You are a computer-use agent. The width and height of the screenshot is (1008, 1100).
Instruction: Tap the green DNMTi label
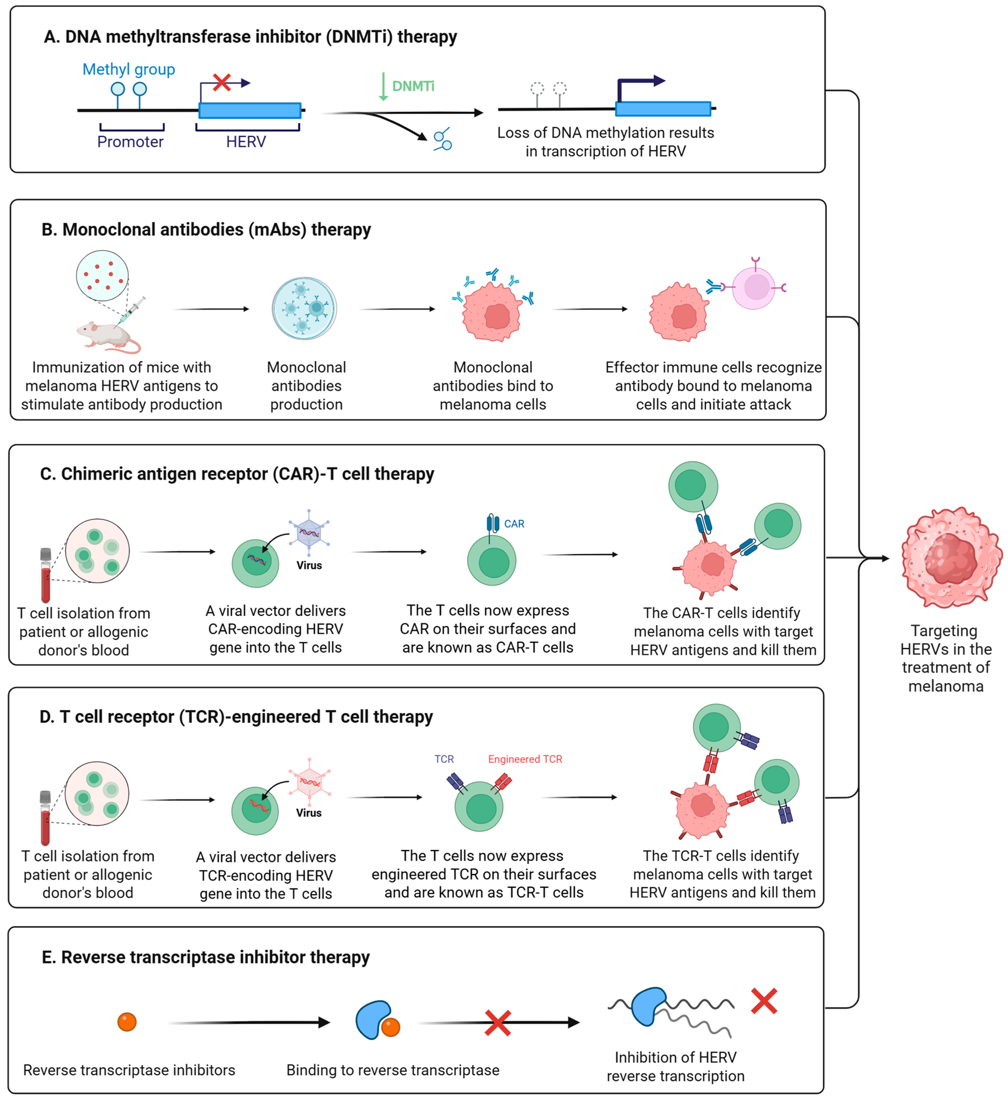tap(413, 86)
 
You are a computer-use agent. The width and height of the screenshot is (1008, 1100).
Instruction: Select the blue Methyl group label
tap(129, 69)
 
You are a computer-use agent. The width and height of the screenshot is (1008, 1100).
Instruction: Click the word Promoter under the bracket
tap(130, 142)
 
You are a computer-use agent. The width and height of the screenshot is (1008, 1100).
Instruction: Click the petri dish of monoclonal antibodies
tap(304, 309)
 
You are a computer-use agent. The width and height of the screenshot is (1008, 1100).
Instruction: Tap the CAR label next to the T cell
tap(514, 524)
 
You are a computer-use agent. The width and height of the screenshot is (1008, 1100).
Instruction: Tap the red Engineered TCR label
tap(525, 759)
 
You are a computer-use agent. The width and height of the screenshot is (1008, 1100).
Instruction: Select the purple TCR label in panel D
tap(444, 759)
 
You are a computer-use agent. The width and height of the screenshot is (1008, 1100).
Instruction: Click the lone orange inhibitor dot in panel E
tap(127, 1022)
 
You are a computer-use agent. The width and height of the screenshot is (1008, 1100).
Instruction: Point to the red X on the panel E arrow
tap(497, 1023)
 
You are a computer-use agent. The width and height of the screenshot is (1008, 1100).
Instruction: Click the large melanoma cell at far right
tap(951, 558)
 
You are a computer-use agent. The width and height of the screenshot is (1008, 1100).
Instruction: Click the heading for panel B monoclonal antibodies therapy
tap(206, 230)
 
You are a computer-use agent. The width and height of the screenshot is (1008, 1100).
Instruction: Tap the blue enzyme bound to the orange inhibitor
tap(373, 1019)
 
